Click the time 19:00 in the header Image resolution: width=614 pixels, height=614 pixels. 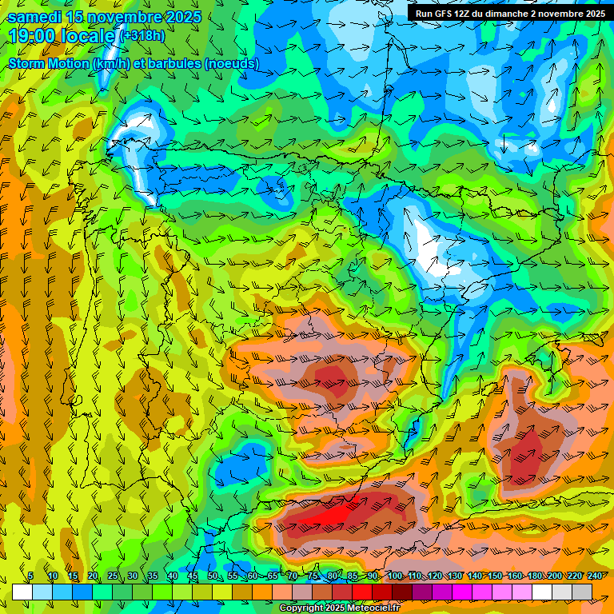coord(33,36)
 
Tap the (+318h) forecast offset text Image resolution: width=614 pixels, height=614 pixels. coord(142,36)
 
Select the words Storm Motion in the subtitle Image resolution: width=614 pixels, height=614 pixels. coord(49,63)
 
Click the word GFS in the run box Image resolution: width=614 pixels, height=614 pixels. coord(444,14)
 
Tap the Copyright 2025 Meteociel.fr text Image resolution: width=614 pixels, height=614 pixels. coord(339,608)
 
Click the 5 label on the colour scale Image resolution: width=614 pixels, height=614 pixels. coord(30,576)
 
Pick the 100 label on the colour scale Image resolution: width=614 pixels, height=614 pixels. coord(395,576)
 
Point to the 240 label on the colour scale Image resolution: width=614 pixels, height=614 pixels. coord(595,576)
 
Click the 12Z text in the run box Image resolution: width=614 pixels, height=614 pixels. coord(464,14)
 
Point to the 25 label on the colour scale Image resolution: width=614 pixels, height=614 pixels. coord(113,576)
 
